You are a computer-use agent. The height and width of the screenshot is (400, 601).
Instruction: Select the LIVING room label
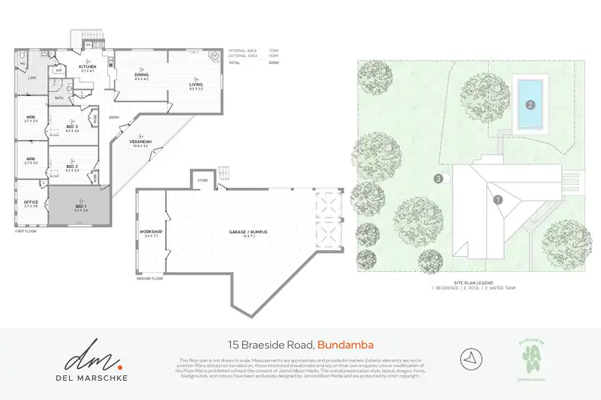pos(196,84)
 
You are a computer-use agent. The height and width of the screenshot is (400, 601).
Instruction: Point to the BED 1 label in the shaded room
pos(80,206)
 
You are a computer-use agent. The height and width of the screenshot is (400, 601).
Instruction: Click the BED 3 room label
pos(71,127)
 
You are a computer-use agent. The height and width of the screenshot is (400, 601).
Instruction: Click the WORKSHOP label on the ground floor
pos(151,233)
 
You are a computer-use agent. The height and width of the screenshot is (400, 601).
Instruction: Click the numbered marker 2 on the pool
pos(530,103)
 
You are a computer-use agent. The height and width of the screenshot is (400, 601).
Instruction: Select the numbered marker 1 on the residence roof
pos(497,200)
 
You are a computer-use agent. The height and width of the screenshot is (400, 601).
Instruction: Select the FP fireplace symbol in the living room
pos(214,58)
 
